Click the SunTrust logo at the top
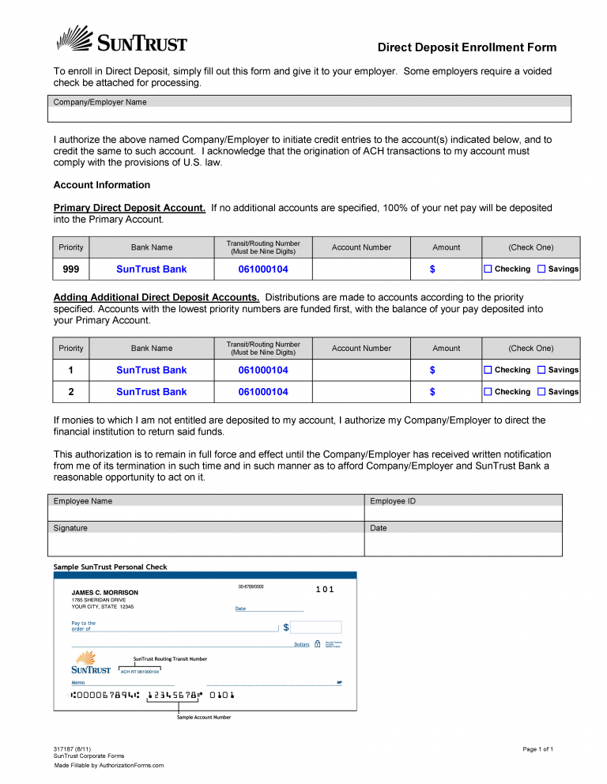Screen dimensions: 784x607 121,40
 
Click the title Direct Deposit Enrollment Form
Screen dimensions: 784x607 466,47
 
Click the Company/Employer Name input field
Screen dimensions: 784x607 311,115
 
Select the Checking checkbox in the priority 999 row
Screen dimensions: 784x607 488,269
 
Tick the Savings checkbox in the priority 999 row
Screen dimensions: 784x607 541,269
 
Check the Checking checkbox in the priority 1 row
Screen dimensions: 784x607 488,370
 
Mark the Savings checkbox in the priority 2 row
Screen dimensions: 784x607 541,392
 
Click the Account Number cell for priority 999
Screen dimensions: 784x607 361,269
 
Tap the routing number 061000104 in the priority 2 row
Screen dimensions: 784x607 263,392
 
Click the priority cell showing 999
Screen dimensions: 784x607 71,269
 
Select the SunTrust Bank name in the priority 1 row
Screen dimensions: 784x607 152,370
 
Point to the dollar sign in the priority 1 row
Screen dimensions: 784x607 432,370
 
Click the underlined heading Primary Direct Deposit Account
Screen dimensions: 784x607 130,208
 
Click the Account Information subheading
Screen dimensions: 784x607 101,185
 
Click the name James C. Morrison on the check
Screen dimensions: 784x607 104,593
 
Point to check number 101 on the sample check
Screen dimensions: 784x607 325,590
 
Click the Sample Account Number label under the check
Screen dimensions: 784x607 204,717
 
